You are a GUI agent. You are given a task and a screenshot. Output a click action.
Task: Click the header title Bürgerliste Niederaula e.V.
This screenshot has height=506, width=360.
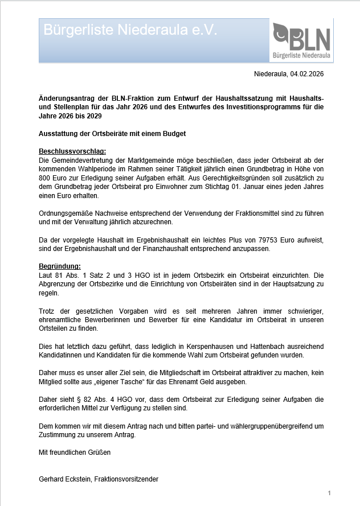pyautogui.click(x=130, y=30)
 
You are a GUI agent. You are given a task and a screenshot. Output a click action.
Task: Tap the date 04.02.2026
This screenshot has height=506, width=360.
pyautogui.click(x=307, y=74)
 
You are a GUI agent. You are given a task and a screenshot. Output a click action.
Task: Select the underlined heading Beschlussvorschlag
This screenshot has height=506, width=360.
pyautogui.click(x=72, y=151)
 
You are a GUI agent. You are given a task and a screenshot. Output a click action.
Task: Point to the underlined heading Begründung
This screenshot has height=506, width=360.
pyautogui.click(x=60, y=266)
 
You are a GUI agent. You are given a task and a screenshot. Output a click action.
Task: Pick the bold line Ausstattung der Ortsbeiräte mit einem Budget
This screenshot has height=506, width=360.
pyautogui.click(x=112, y=134)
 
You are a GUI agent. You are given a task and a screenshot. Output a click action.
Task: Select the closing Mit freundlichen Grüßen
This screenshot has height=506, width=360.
pyautogui.click(x=75, y=452)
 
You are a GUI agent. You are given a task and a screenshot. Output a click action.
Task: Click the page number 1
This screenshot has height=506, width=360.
pyautogui.click(x=329, y=492)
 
